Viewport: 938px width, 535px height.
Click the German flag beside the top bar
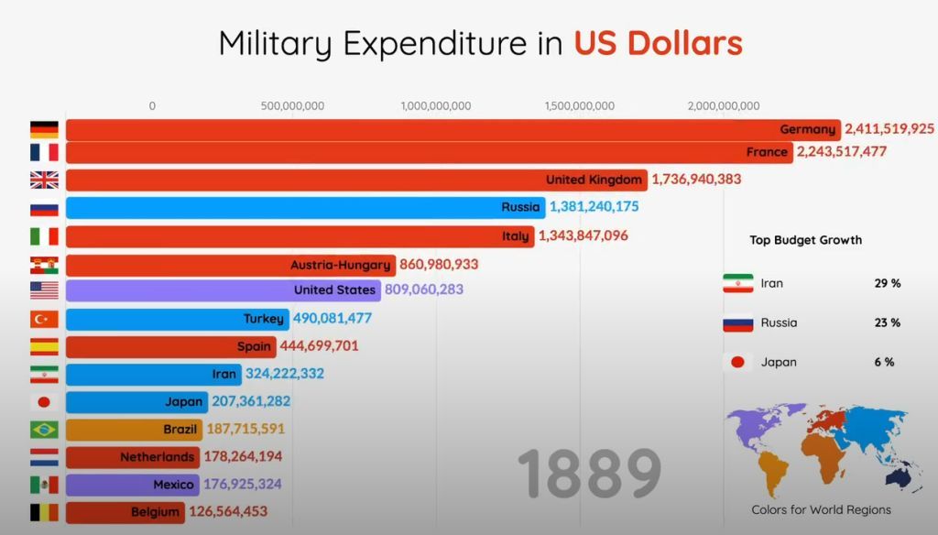(x=44, y=129)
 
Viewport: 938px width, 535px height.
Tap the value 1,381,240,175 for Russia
(x=594, y=207)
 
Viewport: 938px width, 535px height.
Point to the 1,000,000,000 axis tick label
(x=436, y=106)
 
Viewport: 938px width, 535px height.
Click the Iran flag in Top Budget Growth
(x=737, y=283)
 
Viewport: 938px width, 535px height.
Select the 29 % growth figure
(x=887, y=283)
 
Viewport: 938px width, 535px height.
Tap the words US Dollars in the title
(x=658, y=43)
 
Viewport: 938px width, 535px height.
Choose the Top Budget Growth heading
(x=805, y=240)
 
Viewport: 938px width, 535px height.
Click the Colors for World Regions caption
(x=821, y=509)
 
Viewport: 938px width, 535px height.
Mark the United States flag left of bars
(x=44, y=290)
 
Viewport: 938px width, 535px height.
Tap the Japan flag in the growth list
(x=737, y=362)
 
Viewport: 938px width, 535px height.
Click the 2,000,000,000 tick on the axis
(x=723, y=106)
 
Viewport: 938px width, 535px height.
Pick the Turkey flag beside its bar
(x=44, y=319)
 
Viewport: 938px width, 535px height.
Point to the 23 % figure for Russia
(x=887, y=322)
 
